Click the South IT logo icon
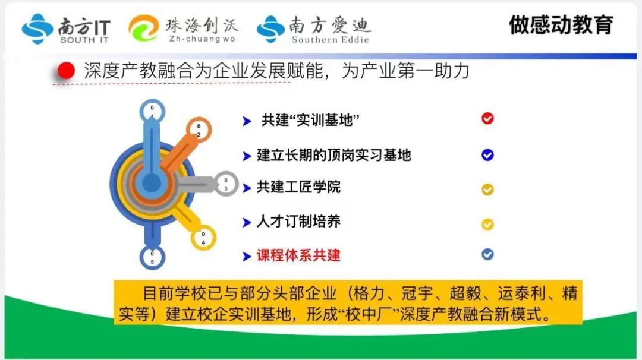[37, 29]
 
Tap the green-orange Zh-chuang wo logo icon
[143, 28]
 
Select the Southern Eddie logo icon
[270, 29]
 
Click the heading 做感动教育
[561, 25]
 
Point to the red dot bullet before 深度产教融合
[67, 71]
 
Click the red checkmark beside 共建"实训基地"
[487, 119]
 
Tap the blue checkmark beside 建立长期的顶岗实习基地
[487, 155]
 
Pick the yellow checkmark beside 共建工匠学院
[487, 190]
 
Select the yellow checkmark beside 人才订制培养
[487, 224]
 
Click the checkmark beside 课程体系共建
[487, 254]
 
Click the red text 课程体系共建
[298, 255]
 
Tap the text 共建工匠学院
[298, 187]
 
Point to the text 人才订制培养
[298, 222]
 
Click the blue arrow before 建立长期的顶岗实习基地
[247, 156]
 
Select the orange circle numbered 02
[199, 130]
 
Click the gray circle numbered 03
[226, 184]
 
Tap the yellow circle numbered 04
[203, 238]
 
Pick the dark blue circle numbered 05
[152, 257]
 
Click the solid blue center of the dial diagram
[152, 184]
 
